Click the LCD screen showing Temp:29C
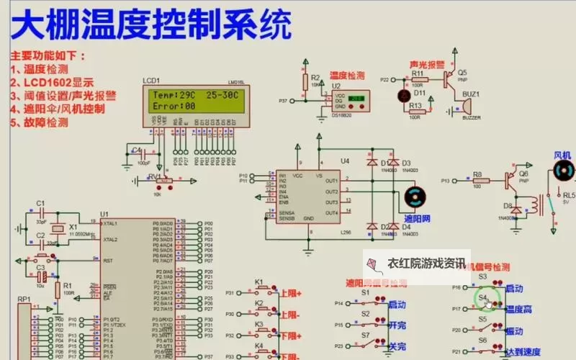click(198, 100)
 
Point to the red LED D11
click(402, 94)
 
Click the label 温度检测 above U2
click(347, 75)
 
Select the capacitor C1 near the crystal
click(41, 215)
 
